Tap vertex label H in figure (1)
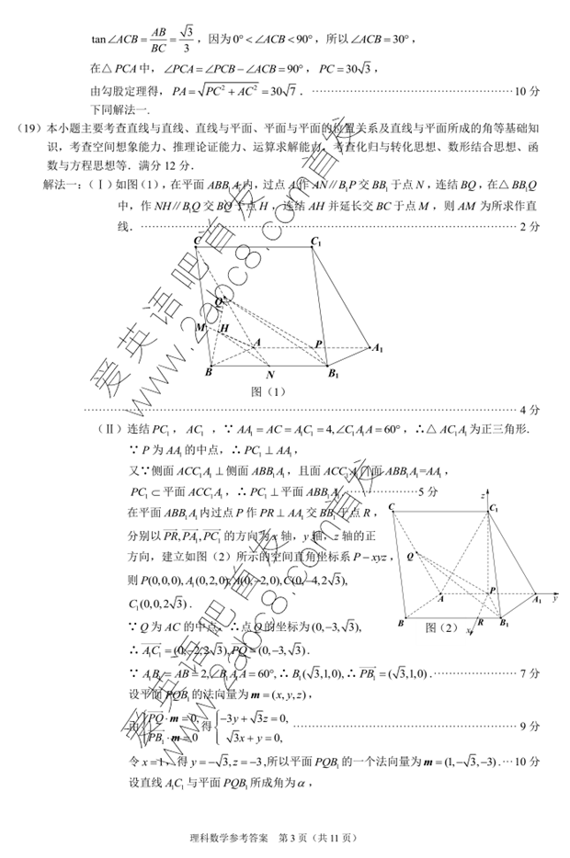point(224,329)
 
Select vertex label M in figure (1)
point(200,327)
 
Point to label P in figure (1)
point(319,344)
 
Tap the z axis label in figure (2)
point(482,495)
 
